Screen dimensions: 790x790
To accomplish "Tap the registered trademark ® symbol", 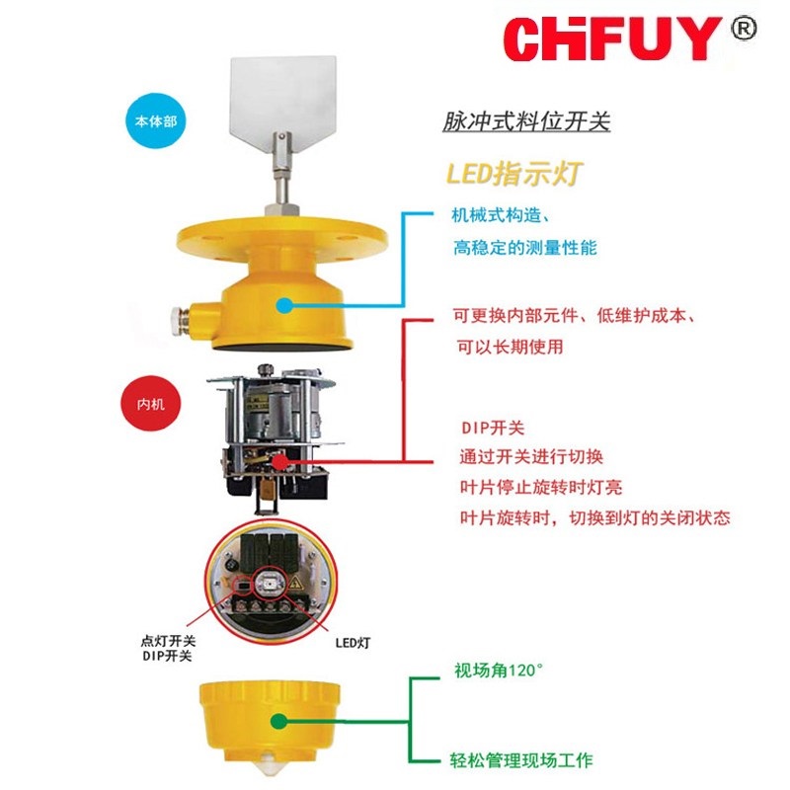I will click(x=742, y=29).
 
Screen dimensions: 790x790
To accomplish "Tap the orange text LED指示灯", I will click(x=513, y=175).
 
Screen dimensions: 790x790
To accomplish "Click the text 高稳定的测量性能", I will click(x=524, y=248).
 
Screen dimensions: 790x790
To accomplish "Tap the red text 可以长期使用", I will click(x=509, y=348).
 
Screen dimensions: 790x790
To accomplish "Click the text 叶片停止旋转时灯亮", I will click(x=541, y=488).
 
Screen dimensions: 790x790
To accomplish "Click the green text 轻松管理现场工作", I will click(x=522, y=760).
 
